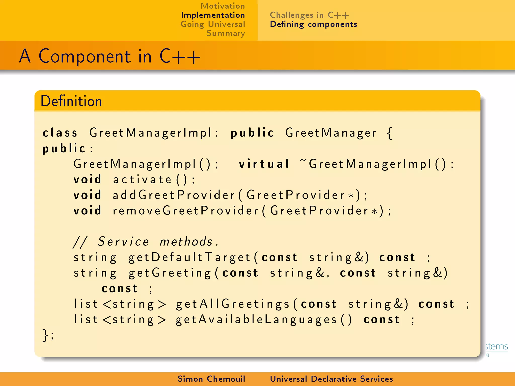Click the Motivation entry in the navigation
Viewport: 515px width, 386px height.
point(223,6)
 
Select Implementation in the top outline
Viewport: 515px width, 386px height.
point(213,15)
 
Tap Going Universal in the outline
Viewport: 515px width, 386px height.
point(212,24)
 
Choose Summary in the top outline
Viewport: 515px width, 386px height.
point(226,33)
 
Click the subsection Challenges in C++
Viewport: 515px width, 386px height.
point(309,15)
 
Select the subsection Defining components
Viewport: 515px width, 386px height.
point(313,24)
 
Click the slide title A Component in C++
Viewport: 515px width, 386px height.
point(110,56)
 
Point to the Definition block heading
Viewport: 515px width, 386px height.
point(71,101)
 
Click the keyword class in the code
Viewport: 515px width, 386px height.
point(60,133)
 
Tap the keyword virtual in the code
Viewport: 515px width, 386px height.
point(264,164)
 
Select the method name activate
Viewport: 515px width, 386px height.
point(142,179)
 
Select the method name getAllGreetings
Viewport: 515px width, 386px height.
point(233,304)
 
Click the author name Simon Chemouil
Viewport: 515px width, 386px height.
point(211,379)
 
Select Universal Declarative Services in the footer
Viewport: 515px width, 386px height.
point(331,379)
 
